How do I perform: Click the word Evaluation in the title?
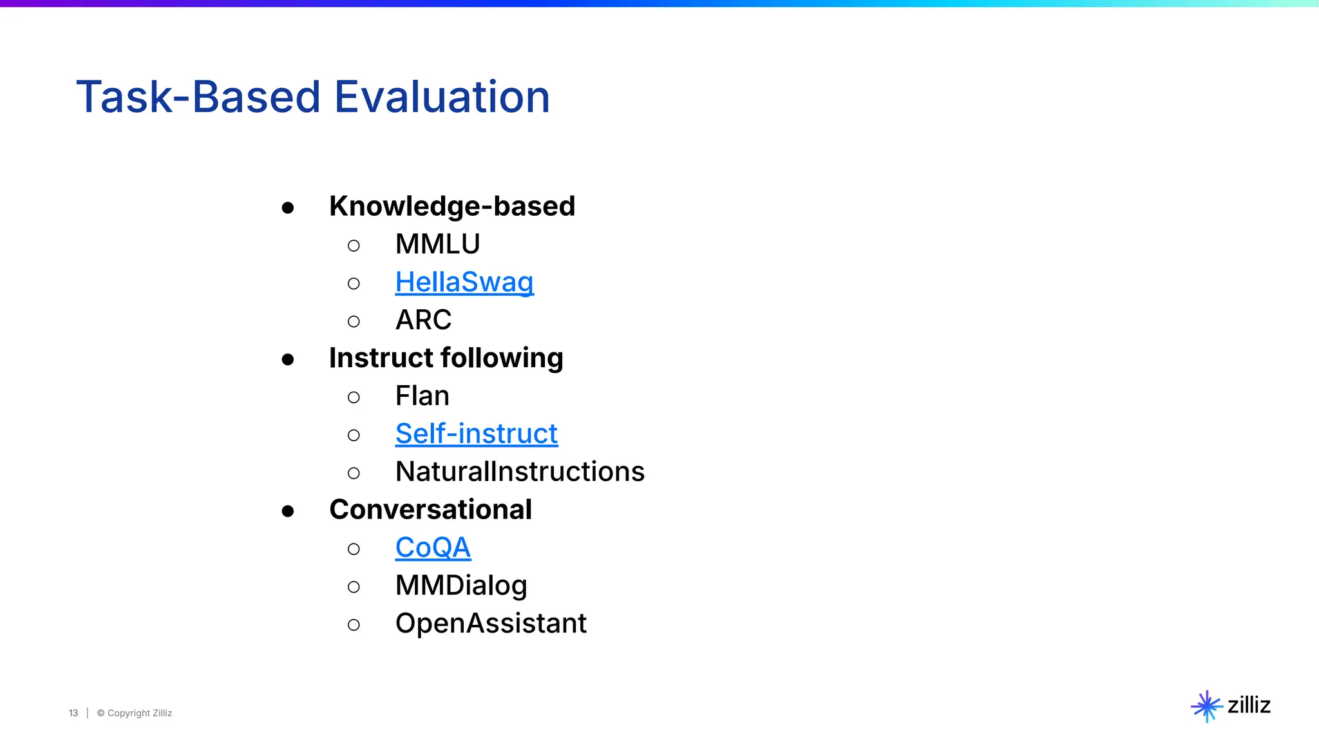(x=442, y=97)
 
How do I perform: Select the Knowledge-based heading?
(x=451, y=207)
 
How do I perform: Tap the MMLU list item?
(x=437, y=245)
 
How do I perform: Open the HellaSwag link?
(x=464, y=282)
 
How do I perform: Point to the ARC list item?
(x=423, y=320)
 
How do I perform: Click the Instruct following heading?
(x=446, y=358)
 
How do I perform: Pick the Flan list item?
(x=422, y=396)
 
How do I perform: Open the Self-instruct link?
(x=477, y=434)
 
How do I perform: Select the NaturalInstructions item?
(x=520, y=472)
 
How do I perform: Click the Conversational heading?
(x=430, y=510)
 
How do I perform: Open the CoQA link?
(x=433, y=548)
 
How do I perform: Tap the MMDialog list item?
(x=461, y=586)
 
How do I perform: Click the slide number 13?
(x=73, y=713)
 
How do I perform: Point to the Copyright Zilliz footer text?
(x=135, y=713)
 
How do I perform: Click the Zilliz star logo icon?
(x=1206, y=707)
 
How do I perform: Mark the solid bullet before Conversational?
(x=288, y=511)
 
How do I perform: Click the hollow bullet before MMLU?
(x=354, y=245)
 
